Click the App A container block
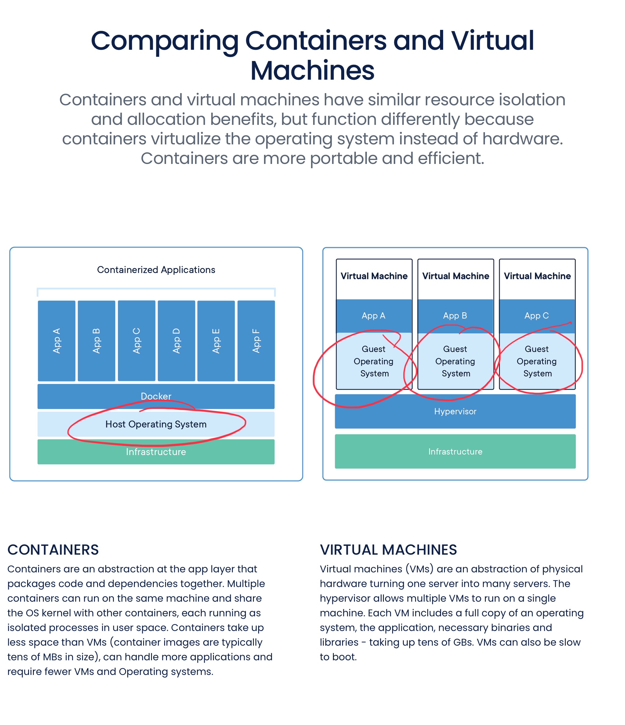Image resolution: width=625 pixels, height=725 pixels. pyautogui.click(x=56, y=340)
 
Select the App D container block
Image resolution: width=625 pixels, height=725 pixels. pyautogui.click(x=176, y=340)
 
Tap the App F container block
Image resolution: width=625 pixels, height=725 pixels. pyautogui.click(x=256, y=340)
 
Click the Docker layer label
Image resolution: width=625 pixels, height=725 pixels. pyautogui.click(x=156, y=396)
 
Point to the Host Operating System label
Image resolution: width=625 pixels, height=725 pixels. pyautogui.click(x=156, y=424)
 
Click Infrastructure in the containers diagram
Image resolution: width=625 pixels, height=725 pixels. pyautogui.click(x=156, y=452)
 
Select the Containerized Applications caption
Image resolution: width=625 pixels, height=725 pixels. pyautogui.click(x=156, y=270)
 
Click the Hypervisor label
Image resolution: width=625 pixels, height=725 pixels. pyautogui.click(x=455, y=411)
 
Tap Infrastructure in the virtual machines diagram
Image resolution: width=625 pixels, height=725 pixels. pyautogui.click(x=455, y=451)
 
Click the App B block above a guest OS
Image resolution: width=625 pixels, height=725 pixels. pyautogui.click(x=455, y=316)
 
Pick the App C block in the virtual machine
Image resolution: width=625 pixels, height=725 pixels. pyautogui.click(x=536, y=316)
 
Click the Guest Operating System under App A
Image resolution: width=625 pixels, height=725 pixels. pyautogui.click(x=374, y=361)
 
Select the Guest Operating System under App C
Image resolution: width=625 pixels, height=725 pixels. pyautogui.click(x=537, y=361)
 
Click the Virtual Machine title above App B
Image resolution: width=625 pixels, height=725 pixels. pyautogui.click(x=455, y=276)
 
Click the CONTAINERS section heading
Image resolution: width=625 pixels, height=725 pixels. pyautogui.click(x=53, y=550)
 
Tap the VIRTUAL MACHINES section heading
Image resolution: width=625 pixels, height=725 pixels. pyautogui.click(x=388, y=550)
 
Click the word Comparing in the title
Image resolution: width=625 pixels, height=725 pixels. pyautogui.click(x=164, y=41)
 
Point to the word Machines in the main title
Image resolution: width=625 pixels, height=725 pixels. pyautogui.click(x=312, y=71)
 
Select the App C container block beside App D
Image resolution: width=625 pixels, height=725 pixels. pyautogui.click(x=136, y=340)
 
